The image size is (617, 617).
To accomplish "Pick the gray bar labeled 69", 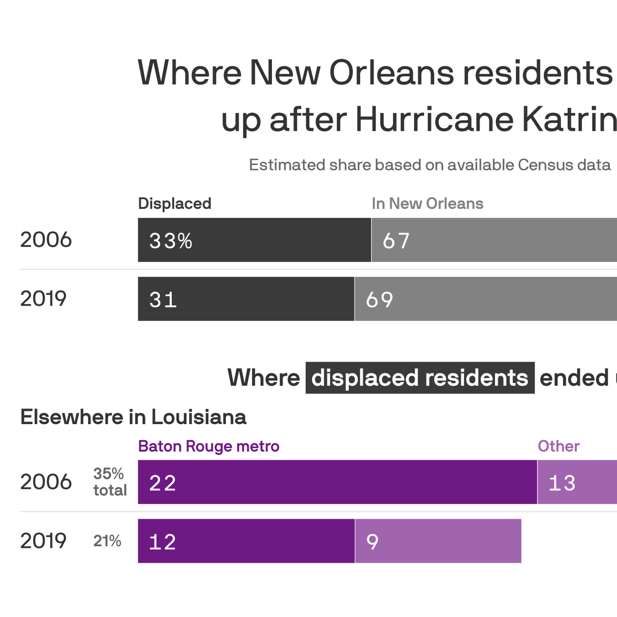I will click(x=486, y=299).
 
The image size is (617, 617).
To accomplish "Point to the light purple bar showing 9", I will click(x=438, y=541).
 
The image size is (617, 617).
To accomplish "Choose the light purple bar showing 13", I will click(x=577, y=482).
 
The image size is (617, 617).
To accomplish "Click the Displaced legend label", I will click(x=175, y=204).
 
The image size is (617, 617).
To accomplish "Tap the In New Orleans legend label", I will click(x=427, y=204).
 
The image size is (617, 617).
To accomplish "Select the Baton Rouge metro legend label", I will click(x=209, y=446).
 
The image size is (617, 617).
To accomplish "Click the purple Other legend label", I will click(x=558, y=446).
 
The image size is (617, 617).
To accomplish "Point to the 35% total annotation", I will click(x=110, y=482).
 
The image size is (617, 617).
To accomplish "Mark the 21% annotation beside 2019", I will click(x=107, y=541).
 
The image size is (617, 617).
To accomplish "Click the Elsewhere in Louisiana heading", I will click(x=133, y=417).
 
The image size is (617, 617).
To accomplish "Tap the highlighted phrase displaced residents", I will click(x=420, y=378).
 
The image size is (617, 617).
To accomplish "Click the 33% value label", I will click(x=171, y=241).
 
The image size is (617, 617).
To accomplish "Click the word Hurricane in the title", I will click(x=435, y=120).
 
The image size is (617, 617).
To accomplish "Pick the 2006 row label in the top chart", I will click(x=46, y=240).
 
